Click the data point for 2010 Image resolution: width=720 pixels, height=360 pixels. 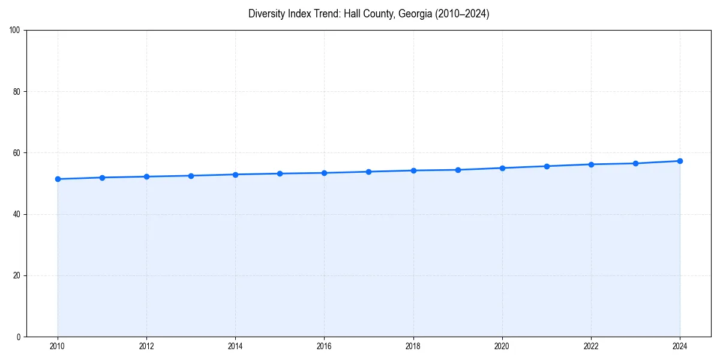tap(58, 179)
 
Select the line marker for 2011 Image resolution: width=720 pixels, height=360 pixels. tap(102, 178)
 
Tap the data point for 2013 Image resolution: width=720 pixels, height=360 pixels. tap(191, 176)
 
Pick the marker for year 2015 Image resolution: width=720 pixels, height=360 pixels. tap(280, 173)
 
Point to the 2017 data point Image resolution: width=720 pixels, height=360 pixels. tap(368, 172)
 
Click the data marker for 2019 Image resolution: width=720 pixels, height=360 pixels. tap(458, 170)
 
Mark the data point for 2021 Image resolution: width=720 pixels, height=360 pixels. tap(547, 166)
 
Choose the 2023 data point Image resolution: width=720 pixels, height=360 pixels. tap(635, 163)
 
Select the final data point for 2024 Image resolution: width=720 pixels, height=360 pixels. tap(680, 161)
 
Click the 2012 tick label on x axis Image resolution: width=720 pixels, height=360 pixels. tap(146, 346)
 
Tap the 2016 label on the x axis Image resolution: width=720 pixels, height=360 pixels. tap(324, 346)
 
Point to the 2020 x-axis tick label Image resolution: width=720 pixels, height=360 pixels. tap(502, 346)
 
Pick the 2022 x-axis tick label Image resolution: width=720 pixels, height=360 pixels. tap(591, 346)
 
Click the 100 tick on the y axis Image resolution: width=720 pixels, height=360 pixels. tap(16, 31)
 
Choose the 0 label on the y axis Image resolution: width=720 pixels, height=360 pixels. tap(19, 337)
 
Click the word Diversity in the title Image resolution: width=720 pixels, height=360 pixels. tap(266, 14)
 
